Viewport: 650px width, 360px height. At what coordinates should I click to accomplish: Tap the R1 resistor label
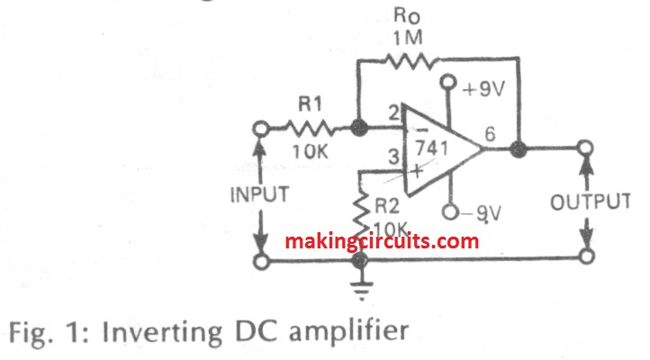coord(310,106)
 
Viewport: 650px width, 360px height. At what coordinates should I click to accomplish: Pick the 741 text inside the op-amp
coord(436,148)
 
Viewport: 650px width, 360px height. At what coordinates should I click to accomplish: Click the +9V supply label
coord(482,89)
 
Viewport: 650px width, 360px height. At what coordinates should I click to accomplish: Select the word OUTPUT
coord(589,201)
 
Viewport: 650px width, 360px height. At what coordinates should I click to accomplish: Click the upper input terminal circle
coord(261,128)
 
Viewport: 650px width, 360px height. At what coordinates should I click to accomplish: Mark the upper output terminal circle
coord(586,148)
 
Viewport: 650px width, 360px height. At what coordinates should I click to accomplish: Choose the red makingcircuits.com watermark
coord(382,241)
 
